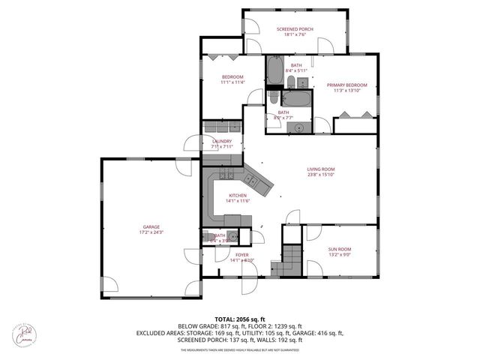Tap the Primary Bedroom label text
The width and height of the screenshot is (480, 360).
click(x=345, y=85)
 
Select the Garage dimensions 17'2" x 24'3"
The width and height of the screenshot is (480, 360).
click(x=146, y=232)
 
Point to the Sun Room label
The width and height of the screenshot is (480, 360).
click(x=339, y=249)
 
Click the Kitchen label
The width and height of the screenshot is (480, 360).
click(x=237, y=195)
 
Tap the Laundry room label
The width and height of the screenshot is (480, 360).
click(x=222, y=141)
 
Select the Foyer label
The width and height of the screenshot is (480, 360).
click(x=241, y=255)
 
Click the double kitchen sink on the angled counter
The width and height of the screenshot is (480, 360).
click(x=253, y=180)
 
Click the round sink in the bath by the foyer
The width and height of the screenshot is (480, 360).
click(x=233, y=238)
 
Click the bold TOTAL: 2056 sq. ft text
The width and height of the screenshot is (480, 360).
click(x=239, y=319)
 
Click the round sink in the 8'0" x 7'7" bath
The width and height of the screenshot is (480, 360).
click(x=299, y=127)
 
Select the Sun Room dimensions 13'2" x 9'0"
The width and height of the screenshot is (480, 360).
click(x=339, y=255)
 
